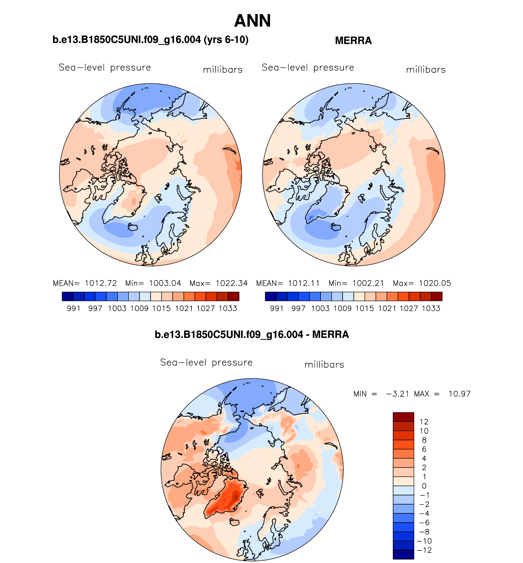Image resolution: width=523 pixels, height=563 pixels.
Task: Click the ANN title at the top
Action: [x=252, y=21]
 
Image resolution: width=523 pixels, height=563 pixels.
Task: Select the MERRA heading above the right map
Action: [x=353, y=40]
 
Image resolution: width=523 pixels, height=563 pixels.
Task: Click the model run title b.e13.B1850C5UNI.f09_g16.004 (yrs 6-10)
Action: [x=150, y=40]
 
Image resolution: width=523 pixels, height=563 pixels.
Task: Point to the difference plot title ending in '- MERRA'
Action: [x=252, y=334]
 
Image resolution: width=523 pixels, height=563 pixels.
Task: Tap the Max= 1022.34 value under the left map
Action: [x=219, y=283]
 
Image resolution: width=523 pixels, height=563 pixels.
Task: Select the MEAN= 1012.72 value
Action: [x=85, y=283]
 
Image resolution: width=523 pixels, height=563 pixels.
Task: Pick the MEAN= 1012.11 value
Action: [x=288, y=283]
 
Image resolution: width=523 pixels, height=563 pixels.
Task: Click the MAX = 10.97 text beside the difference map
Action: [x=442, y=394]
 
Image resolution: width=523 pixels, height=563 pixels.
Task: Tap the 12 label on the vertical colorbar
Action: [x=424, y=422]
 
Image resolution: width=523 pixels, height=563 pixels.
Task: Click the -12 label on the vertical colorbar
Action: [x=425, y=550]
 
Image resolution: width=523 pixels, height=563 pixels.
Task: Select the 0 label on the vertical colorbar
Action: [x=424, y=486]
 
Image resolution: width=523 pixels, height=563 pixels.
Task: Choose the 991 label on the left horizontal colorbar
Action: [x=73, y=308]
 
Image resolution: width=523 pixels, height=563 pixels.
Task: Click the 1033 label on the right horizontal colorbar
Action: [x=431, y=308]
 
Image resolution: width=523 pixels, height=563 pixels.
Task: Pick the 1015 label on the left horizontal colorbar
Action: [x=161, y=308]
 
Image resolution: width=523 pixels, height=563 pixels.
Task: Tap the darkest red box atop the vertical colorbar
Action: [x=403, y=417]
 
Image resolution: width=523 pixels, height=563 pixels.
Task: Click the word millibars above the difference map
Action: [x=324, y=365]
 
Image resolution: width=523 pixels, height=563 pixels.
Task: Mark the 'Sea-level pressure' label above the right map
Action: [x=308, y=67]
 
